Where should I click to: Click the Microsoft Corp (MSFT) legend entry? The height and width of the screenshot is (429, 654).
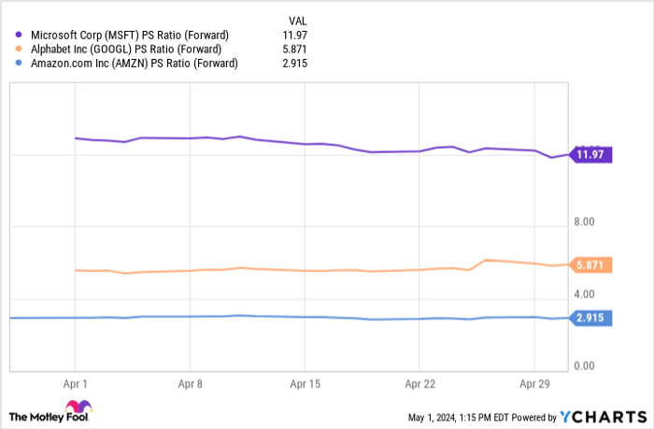click(x=127, y=36)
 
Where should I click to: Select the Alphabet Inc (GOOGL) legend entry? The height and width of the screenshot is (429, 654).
click(x=125, y=50)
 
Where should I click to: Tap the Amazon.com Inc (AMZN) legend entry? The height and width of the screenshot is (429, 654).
click(x=132, y=64)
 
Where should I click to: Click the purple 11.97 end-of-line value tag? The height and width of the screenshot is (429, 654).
click(x=590, y=155)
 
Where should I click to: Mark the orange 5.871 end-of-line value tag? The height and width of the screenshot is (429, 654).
click(x=590, y=265)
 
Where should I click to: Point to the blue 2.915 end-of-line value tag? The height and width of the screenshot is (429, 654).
click(x=590, y=318)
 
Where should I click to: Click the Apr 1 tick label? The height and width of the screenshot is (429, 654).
click(x=75, y=383)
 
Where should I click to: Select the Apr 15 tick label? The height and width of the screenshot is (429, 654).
click(x=305, y=383)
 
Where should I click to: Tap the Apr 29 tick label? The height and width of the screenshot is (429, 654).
click(x=533, y=383)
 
